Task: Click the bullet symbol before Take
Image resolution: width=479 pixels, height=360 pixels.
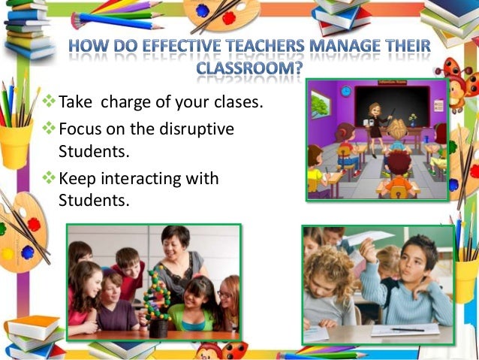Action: tap(50, 101)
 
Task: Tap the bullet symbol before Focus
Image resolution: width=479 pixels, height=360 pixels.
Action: tap(50, 129)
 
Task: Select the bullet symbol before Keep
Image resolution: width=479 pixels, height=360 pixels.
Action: tap(50, 180)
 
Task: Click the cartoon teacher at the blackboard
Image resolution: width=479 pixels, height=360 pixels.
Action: tap(372, 121)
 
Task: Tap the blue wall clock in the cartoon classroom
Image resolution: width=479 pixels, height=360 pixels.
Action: tap(346, 91)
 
